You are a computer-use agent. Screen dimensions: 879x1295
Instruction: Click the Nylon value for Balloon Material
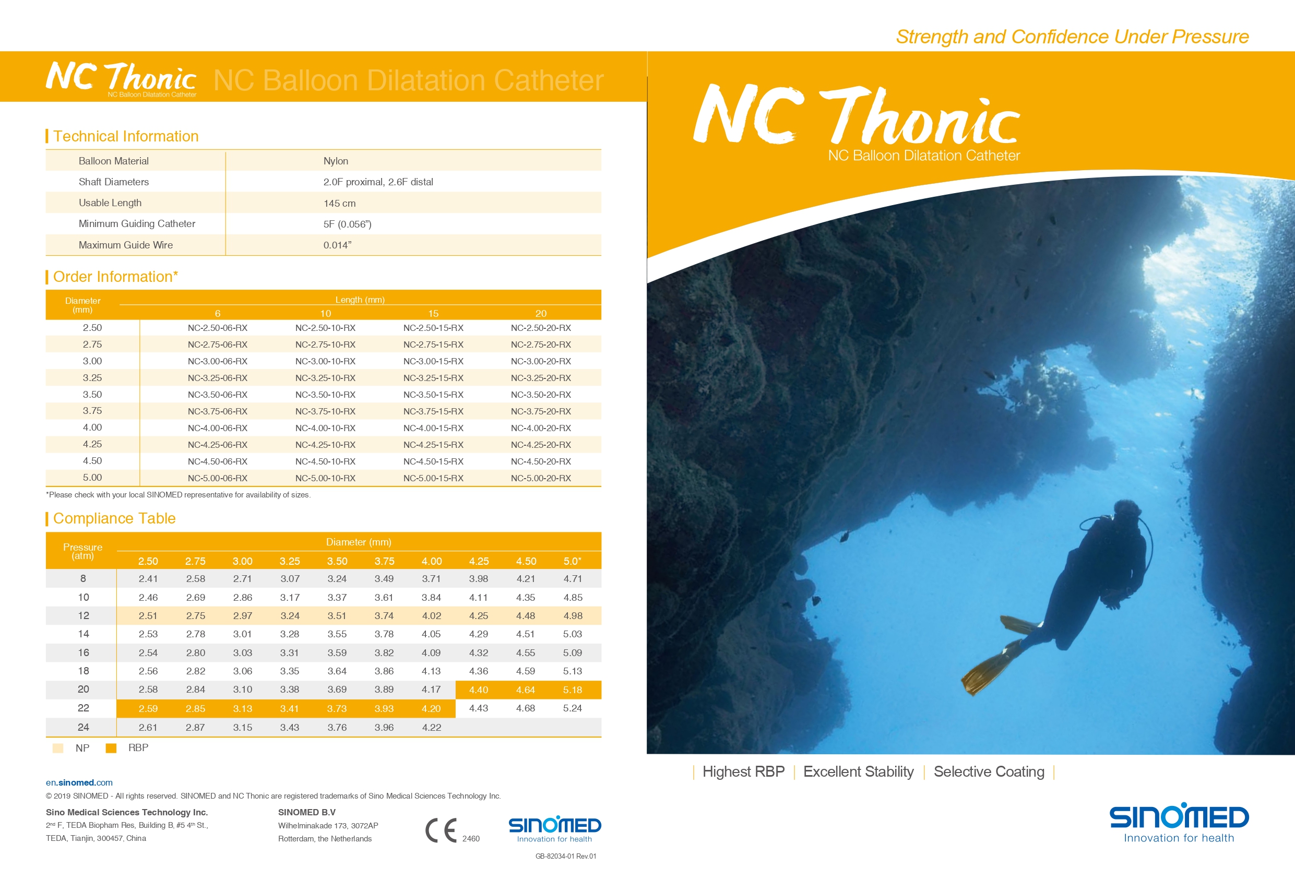click(x=336, y=161)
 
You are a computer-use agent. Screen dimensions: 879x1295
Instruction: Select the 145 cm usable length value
click(x=339, y=204)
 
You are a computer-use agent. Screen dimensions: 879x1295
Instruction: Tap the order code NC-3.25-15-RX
click(x=433, y=378)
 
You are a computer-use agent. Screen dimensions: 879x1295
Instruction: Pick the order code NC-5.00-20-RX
click(x=541, y=478)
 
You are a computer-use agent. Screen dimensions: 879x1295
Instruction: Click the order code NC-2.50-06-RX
click(x=217, y=328)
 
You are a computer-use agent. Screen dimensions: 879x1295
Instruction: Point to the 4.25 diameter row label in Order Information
click(x=92, y=444)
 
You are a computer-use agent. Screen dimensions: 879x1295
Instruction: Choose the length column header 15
click(x=433, y=313)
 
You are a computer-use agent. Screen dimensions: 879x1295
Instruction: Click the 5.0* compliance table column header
click(x=572, y=561)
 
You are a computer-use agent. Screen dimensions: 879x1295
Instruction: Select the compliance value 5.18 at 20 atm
click(x=572, y=690)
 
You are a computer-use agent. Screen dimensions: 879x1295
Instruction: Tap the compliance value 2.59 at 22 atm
click(x=148, y=709)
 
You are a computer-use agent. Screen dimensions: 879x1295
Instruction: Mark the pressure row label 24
click(x=83, y=728)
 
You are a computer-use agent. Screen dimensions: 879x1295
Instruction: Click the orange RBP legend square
click(x=111, y=748)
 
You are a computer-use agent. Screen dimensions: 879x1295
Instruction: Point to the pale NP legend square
click(x=57, y=748)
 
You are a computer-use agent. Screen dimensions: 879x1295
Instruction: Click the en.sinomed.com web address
click(x=79, y=782)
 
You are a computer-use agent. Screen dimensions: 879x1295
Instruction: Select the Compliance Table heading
click(x=114, y=518)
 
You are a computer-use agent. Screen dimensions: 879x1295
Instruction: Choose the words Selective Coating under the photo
click(x=989, y=771)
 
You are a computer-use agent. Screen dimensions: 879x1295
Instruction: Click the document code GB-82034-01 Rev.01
click(x=566, y=856)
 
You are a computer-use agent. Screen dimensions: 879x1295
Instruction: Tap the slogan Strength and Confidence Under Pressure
click(x=1072, y=37)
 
